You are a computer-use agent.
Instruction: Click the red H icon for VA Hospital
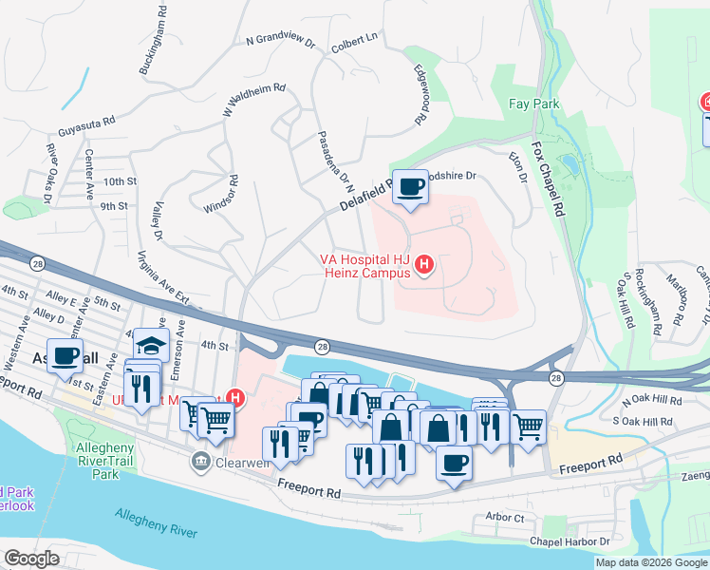coord(425,263)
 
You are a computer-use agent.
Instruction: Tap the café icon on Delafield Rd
coord(410,186)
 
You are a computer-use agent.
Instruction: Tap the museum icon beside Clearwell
coord(201,463)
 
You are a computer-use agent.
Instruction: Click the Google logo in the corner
coord(31,559)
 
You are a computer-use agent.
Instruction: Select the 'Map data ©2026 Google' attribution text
coord(651,562)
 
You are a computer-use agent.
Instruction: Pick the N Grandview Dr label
coord(280,41)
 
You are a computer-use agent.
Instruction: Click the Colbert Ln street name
coord(355,42)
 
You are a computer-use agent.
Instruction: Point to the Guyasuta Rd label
coord(86,122)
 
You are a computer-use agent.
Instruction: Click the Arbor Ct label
coord(504,518)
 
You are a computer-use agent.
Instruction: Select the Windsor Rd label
coord(218,193)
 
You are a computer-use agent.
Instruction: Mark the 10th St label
coord(121,181)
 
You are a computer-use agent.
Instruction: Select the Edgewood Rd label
coord(421,94)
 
